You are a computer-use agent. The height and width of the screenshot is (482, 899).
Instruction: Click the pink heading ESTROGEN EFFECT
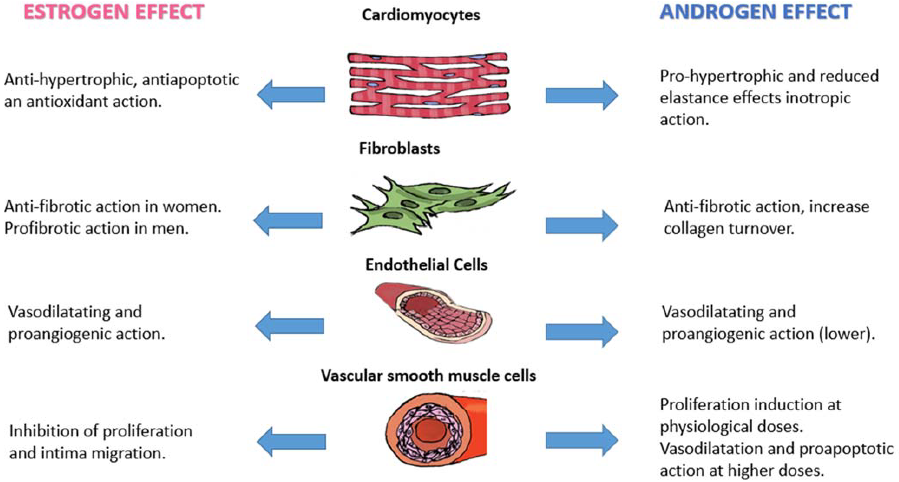114,12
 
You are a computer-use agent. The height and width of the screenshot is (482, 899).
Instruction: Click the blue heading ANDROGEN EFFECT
756,12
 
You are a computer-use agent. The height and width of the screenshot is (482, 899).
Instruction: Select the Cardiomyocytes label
421,15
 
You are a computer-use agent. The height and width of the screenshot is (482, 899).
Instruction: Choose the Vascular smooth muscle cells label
428,375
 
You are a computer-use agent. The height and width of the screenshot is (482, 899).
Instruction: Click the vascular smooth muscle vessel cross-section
436,430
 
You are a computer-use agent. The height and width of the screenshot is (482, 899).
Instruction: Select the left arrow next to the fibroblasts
288,220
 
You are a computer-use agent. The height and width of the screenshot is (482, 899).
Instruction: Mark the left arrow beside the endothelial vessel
290,326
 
